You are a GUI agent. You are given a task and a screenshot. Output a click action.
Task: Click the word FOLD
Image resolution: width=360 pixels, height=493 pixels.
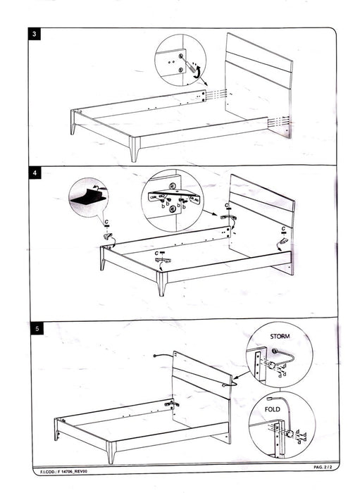[x=273, y=408]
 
